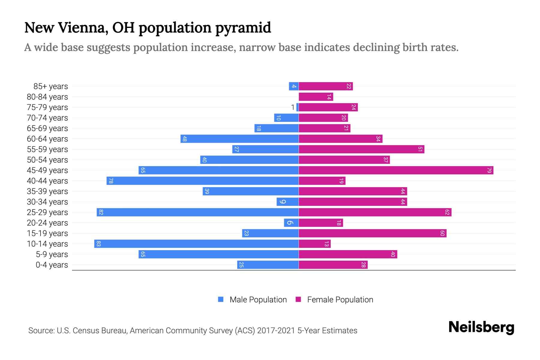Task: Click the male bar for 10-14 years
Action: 196,244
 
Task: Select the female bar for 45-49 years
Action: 396,170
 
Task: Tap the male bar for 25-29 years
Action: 198,212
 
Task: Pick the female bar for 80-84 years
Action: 316,97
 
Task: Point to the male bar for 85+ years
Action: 294,86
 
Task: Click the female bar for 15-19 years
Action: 373,233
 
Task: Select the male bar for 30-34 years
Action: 288,202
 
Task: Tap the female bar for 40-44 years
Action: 322,181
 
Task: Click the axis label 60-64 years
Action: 47,139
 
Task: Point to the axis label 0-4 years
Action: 52,265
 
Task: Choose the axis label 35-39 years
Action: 47,191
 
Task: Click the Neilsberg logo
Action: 481,327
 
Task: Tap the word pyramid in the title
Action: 243,28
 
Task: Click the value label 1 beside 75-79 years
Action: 293,107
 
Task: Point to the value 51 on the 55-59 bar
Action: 420,149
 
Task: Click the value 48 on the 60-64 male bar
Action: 185,139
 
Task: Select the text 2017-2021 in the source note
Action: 276,331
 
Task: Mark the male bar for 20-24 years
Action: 291,223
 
